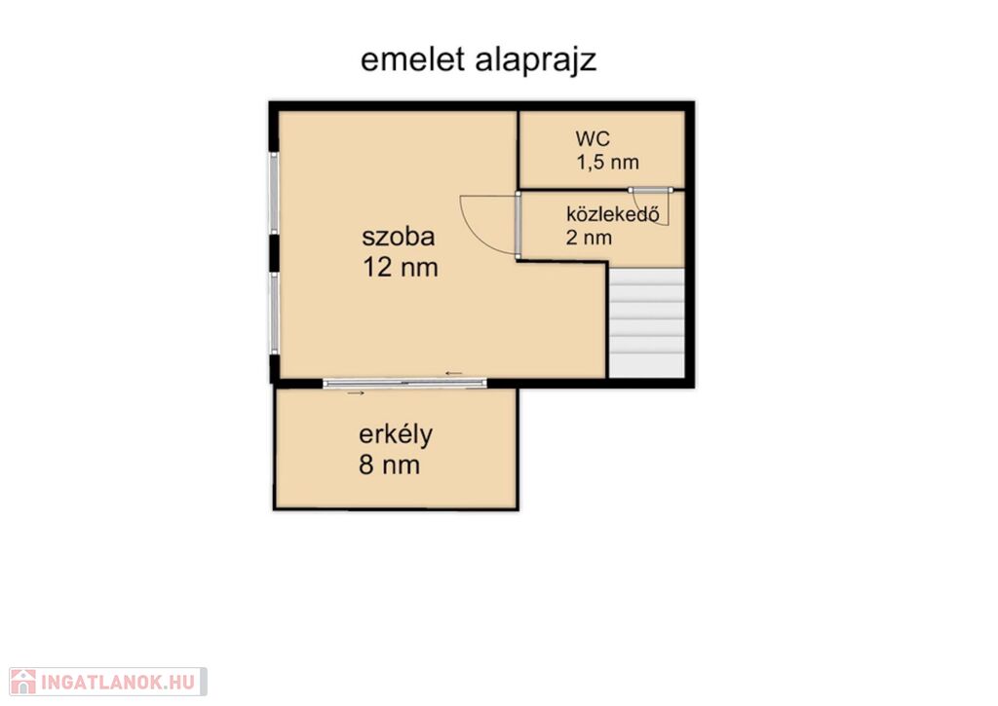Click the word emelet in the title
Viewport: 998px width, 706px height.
[412, 59]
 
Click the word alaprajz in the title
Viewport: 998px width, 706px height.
[536, 61]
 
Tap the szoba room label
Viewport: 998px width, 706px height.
[399, 236]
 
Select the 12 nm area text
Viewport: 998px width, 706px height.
[401, 267]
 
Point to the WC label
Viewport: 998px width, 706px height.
[593, 138]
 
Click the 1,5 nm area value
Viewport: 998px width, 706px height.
[608, 163]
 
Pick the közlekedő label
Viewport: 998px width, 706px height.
[612, 213]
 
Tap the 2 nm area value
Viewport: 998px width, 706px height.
[589, 238]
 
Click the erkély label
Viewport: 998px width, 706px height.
[396, 435]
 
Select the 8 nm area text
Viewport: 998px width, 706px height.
[389, 464]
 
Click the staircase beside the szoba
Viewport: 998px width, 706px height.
[647, 322]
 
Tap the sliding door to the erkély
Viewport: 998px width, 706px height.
[404, 383]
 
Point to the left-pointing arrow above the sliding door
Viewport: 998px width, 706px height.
[454, 373]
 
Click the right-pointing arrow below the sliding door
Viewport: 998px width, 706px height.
[356, 393]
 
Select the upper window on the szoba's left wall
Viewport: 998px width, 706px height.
[274, 193]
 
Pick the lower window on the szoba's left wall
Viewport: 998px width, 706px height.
[274, 313]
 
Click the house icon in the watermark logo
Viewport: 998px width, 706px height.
[23, 682]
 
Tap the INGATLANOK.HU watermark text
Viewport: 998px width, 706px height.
[118, 683]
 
